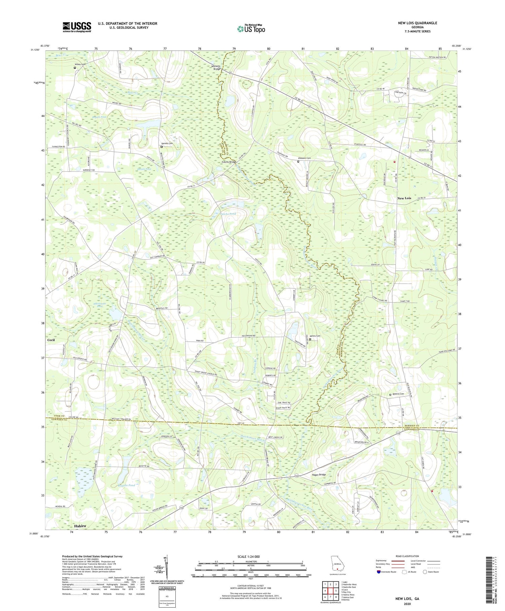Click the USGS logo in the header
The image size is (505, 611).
pos(77,27)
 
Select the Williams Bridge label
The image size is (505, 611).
pos(216,68)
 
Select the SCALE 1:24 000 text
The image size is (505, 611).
pos(250,556)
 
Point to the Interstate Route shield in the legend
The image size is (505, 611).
pos(379,572)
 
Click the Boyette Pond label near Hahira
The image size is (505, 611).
pos(126,485)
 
